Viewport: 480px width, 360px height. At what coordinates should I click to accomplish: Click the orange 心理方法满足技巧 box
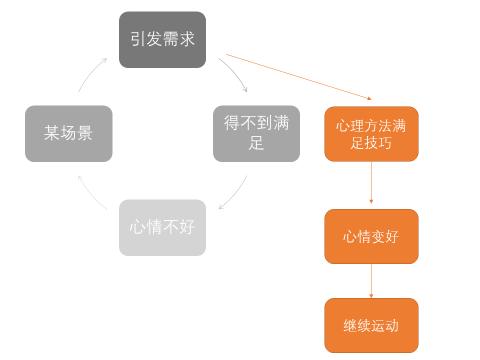(371, 134)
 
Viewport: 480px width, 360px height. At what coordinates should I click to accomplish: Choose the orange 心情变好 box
(371, 236)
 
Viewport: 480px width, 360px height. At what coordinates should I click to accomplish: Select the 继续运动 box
(371, 325)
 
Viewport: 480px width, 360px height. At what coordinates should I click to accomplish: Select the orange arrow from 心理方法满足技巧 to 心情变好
(371, 185)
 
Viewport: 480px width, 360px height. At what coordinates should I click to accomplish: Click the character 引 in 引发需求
(137, 39)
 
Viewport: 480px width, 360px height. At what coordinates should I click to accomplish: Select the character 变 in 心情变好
(376, 236)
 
